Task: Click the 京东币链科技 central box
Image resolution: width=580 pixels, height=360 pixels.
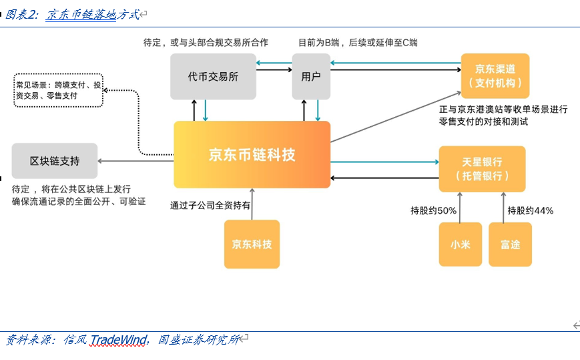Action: pos(252,155)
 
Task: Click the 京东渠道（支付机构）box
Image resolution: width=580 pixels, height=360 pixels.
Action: pos(495,76)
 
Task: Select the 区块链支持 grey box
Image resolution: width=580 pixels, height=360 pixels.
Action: pos(55,161)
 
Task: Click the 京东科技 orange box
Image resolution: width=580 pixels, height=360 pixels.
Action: pos(252,244)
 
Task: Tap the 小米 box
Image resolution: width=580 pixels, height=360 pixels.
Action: pos(460,244)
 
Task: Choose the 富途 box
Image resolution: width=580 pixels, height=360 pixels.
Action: pos(510,244)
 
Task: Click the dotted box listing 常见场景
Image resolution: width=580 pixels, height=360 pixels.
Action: pos(59,90)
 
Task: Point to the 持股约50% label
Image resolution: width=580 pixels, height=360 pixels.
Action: pos(433,210)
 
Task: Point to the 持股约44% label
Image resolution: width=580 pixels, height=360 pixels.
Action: pos(530,210)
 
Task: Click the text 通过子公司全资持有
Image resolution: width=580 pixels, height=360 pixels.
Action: pos(210,206)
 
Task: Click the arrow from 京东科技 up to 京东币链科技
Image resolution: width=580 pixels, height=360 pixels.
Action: pos(252,204)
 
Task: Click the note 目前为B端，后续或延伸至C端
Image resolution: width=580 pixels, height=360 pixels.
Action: pos(358,42)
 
